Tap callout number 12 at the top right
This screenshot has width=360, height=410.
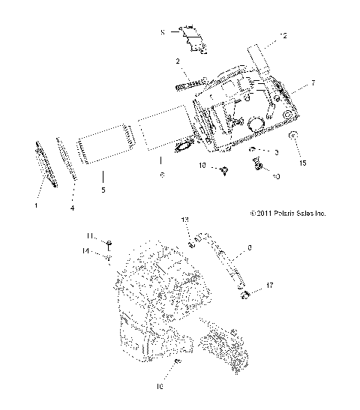[x=283, y=35]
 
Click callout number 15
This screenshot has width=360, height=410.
[x=303, y=162]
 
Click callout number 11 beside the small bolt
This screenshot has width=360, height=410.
[x=88, y=236]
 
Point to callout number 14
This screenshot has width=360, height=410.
[x=87, y=250]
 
